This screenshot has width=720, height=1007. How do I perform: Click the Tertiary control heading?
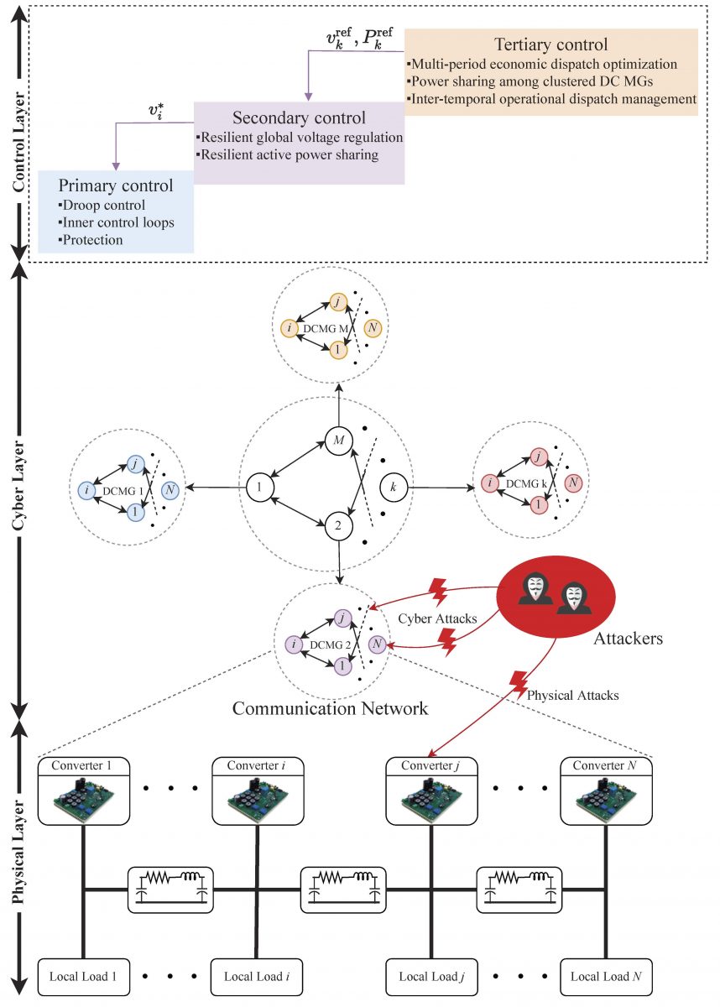tap(550, 44)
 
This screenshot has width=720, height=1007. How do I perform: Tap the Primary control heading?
tap(116, 185)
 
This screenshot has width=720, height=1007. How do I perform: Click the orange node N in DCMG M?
tap(373, 327)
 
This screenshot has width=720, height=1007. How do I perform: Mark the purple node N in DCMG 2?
tap(377, 644)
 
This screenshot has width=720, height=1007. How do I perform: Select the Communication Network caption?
tap(330, 707)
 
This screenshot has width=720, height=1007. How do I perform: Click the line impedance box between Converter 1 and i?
tap(172, 887)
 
